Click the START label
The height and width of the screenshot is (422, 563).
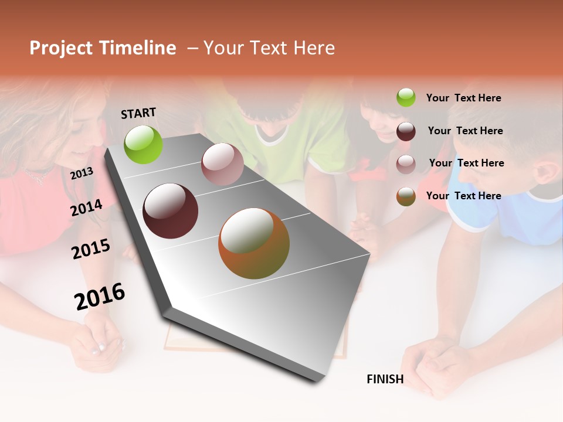point(138,113)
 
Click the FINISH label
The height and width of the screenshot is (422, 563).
point(385,379)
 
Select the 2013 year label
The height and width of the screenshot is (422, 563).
point(82,173)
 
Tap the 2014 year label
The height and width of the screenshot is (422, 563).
point(86,207)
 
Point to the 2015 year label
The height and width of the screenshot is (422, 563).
point(91,249)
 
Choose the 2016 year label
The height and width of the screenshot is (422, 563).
point(100,296)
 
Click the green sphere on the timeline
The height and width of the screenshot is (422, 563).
point(144,144)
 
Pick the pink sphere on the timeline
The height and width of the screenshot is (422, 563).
point(222,164)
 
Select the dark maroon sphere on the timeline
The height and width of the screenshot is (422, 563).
point(170,211)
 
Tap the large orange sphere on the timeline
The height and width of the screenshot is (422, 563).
point(254,243)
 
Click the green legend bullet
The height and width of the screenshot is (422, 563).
point(406,97)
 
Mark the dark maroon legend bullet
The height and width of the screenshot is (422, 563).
point(406,131)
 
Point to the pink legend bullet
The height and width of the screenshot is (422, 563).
point(406,164)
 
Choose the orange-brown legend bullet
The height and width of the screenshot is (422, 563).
point(406,196)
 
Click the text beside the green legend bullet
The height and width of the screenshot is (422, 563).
point(463,98)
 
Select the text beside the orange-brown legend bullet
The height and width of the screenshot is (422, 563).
point(463,196)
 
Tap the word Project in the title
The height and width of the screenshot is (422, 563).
point(62,48)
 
